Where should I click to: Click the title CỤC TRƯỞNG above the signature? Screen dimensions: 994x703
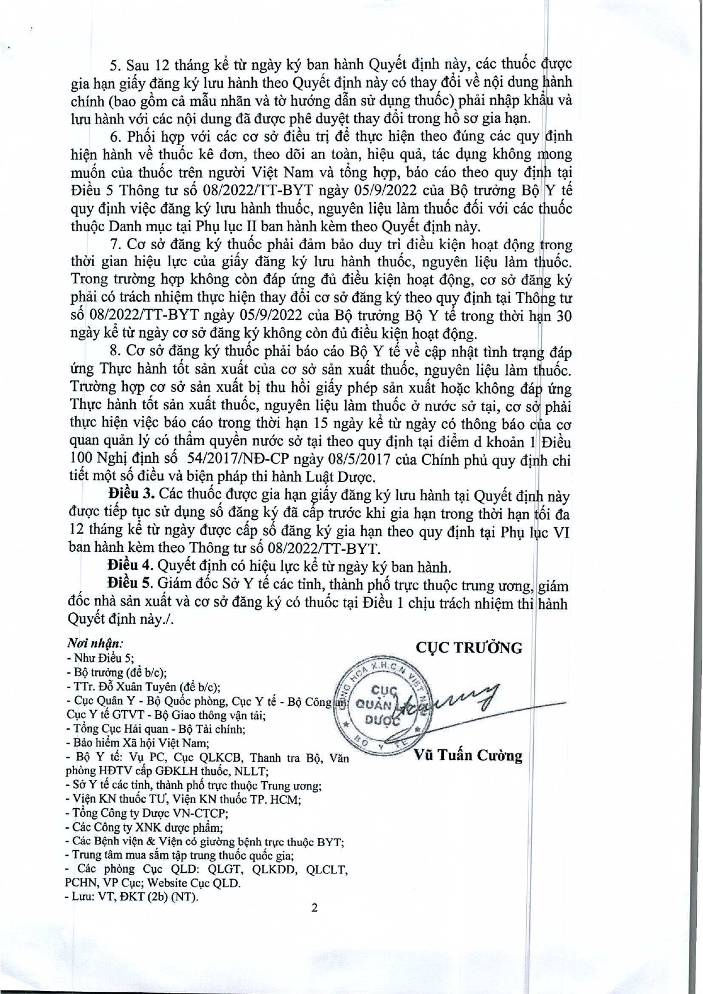coord(469,647)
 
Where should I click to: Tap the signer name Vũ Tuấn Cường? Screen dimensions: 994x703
coord(468,756)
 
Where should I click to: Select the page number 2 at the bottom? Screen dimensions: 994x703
coord(315,908)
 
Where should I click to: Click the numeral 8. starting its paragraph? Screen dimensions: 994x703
coord(114,352)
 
